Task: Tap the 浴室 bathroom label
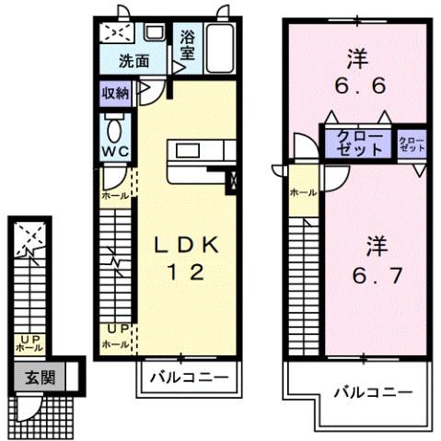point(187,46)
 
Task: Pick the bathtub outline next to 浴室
point(220,50)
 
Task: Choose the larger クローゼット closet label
point(354,145)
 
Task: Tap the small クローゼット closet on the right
point(412,145)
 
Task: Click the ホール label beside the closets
point(303,193)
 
